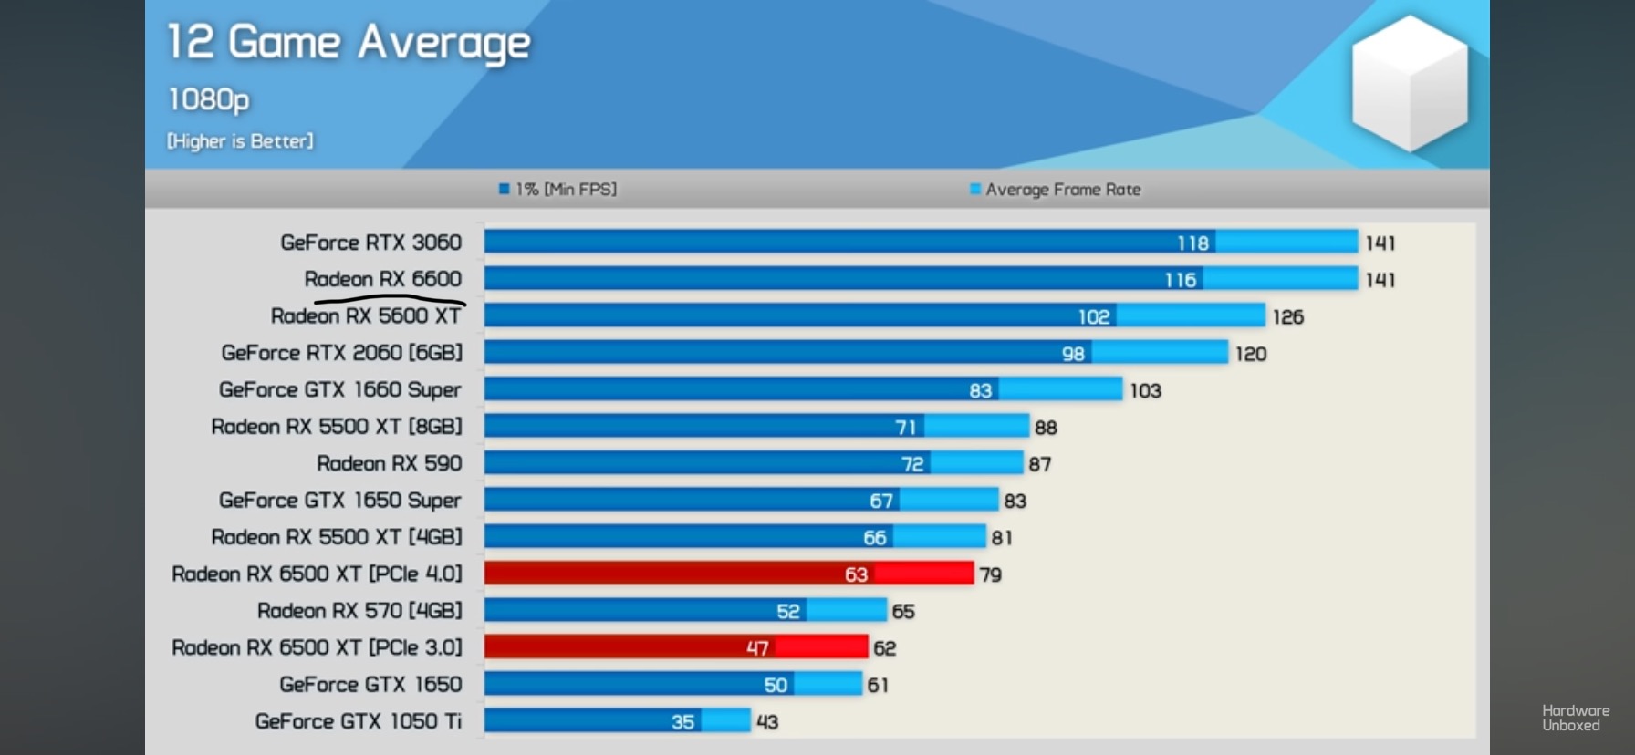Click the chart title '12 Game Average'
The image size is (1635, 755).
coord(348,43)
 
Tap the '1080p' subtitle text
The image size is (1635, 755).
coord(208,99)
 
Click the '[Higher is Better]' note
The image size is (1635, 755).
coord(240,141)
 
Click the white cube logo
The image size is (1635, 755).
coord(1409,83)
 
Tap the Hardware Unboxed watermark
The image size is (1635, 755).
coord(1575,718)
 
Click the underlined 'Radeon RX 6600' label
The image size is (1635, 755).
coord(383,279)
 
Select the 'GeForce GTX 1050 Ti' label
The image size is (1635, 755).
coord(359,721)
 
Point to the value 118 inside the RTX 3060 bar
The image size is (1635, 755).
coord(1192,243)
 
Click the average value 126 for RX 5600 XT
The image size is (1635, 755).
coord(1287,317)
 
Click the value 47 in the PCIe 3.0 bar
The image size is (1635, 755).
coord(757,648)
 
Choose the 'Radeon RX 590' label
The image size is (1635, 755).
coord(390,463)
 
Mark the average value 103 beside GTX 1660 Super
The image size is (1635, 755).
coord(1145,391)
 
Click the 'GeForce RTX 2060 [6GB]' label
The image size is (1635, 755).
coord(342,353)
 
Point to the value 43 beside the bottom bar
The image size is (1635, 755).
coord(767,722)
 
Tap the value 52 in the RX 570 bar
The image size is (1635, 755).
coord(788,612)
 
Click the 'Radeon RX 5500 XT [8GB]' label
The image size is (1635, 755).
coord(337,427)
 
